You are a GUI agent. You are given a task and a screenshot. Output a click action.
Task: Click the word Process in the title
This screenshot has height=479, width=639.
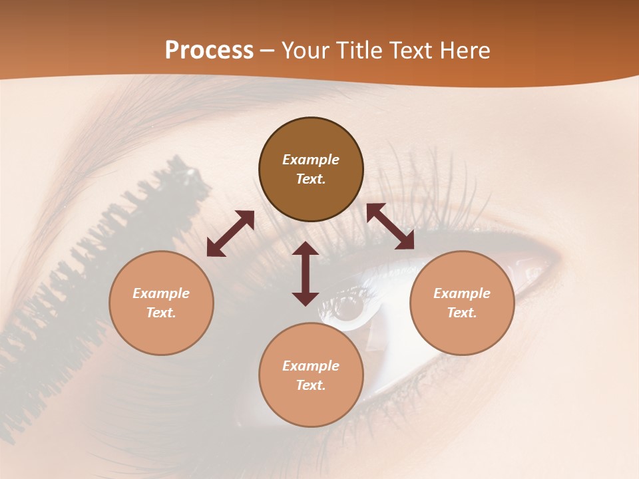[209, 51]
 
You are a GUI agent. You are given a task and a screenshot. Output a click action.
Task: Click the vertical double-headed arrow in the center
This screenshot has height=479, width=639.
[306, 273]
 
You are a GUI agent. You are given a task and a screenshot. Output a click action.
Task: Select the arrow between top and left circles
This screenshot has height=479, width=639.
[230, 234]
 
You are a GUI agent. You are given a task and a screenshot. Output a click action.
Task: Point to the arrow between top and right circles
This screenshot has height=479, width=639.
[390, 226]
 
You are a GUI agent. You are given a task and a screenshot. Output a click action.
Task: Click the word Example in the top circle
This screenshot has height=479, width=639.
[311, 160]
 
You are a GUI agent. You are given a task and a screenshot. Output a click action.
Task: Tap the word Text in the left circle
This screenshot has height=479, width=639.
[161, 313]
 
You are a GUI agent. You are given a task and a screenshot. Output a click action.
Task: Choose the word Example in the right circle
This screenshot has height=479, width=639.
[462, 293]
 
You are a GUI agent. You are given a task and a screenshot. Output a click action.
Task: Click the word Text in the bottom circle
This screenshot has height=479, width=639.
[311, 385]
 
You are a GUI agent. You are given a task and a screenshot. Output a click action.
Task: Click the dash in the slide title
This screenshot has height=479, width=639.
[268, 51]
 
